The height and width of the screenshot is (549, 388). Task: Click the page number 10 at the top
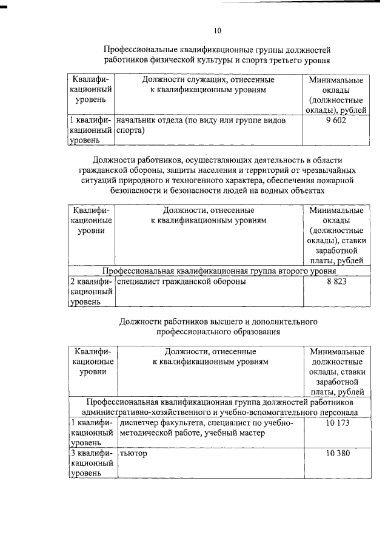coord(218,30)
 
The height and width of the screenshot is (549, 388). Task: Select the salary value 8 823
coord(336,281)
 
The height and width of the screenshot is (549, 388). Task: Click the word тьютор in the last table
coord(134,453)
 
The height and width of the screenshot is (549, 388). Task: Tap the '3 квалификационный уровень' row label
coord(92,463)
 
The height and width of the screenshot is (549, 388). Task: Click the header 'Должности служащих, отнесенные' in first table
coord(208,79)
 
